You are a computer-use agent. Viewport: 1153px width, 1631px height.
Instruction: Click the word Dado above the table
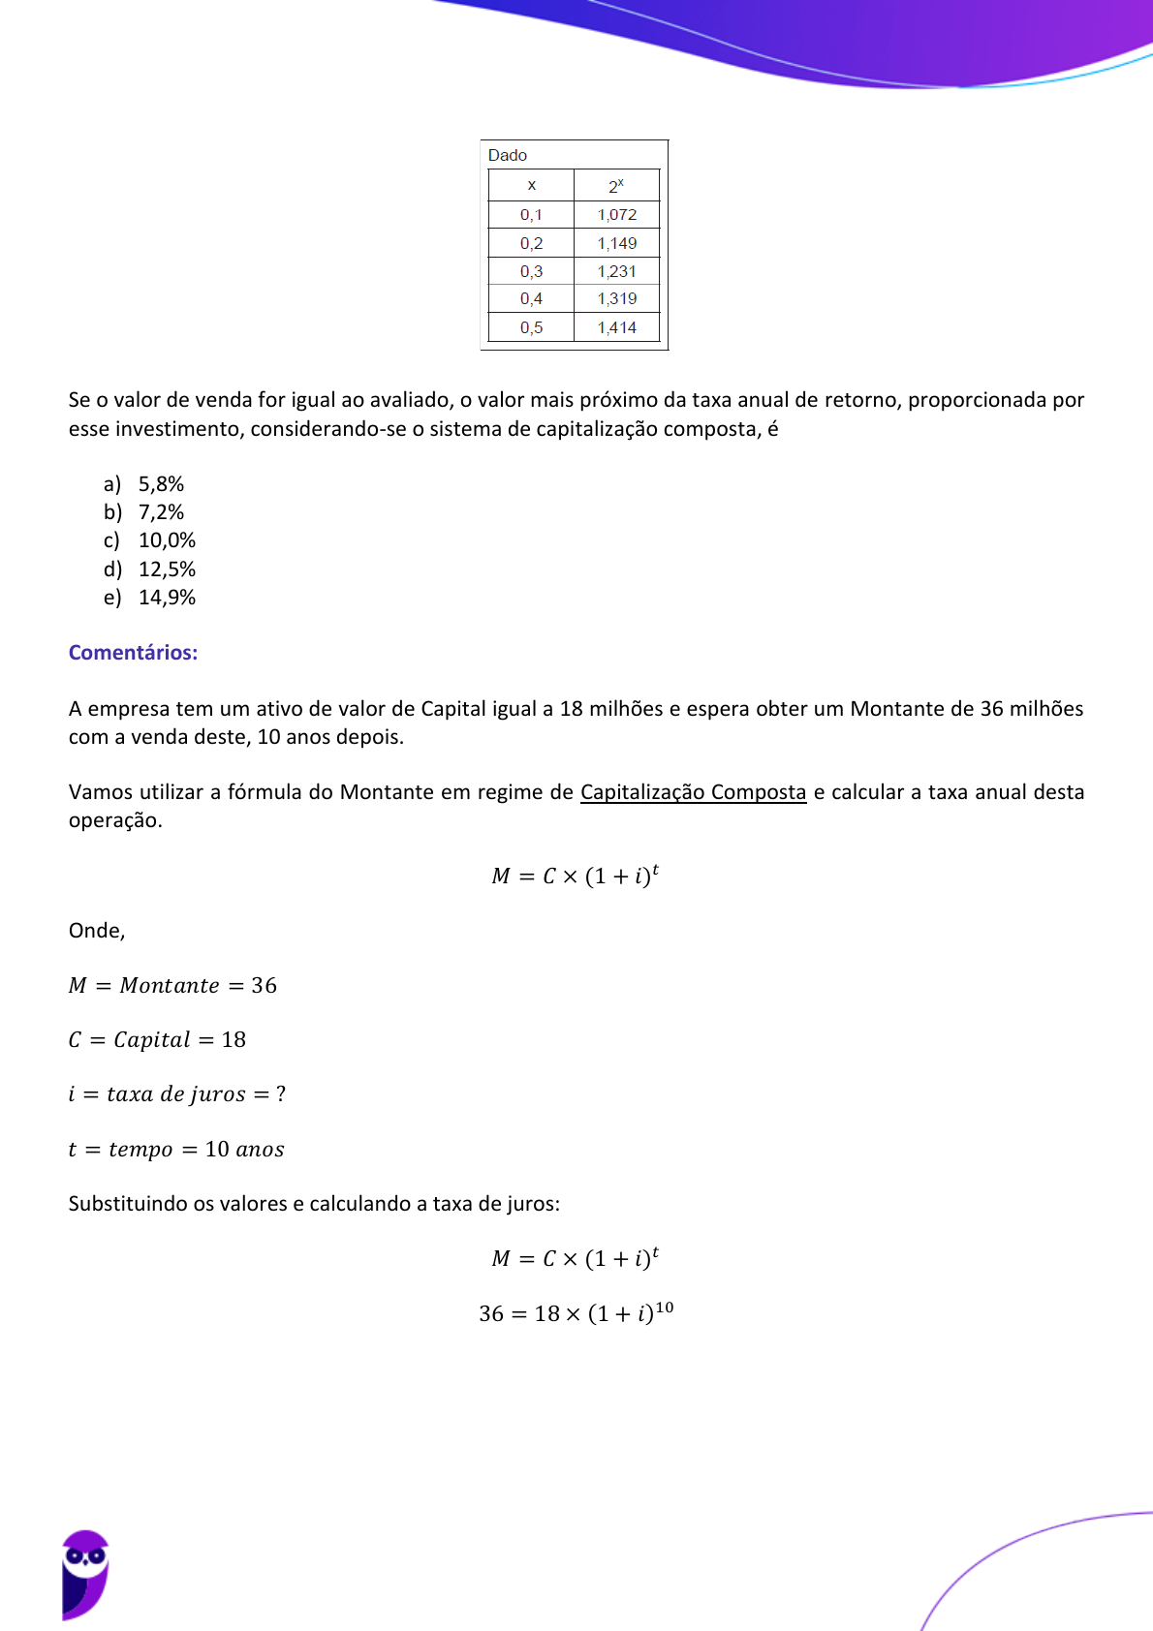(x=508, y=155)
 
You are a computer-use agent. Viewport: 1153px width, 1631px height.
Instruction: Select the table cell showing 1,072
(x=617, y=215)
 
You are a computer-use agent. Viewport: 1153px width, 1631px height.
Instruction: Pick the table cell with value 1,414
(x=617, y=327)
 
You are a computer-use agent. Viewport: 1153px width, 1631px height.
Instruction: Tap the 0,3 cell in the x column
(x=531, y=271)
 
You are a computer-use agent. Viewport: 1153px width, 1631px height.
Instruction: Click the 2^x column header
(x=616, y=185)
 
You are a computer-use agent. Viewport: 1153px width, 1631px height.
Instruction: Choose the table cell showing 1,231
(x=617, y=271)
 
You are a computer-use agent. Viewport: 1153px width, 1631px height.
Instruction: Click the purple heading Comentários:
(x=133, y=653)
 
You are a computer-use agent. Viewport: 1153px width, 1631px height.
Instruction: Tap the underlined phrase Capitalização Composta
(x=693, y=792)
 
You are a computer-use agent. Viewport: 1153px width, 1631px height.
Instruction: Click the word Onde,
(x=97, y=931)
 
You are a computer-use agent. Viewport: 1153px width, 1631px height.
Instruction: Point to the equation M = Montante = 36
(x=172, y=986)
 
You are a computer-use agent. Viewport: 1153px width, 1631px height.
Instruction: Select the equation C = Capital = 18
(x=157, y=1040)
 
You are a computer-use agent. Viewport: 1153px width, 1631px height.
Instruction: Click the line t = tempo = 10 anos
(x=176, y=1150)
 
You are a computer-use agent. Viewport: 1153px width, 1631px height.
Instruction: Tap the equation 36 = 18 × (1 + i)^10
(x=576, y=1313)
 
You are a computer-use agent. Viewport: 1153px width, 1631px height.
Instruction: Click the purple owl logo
(x=85, y=1574)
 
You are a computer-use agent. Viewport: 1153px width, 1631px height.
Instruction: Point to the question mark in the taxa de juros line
(x=281, y=1094)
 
